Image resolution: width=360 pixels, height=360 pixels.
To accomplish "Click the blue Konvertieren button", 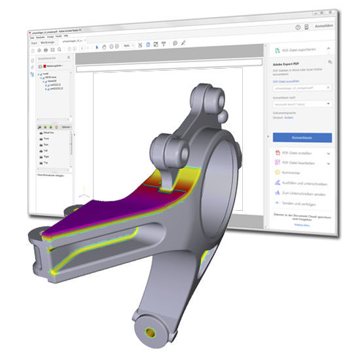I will pos(302,137).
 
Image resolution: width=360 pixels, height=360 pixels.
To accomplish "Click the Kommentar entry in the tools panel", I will pos(291,173).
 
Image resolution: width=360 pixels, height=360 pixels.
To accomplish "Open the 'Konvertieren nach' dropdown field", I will pos(302,103).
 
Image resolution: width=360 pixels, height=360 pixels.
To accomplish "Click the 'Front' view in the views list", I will pos(46,139).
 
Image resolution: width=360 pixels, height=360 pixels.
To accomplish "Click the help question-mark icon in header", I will pos(298,27).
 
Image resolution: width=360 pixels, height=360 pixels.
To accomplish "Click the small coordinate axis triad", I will pos(81,195).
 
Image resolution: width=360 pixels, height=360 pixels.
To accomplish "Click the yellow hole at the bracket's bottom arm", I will pos(153,333).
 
